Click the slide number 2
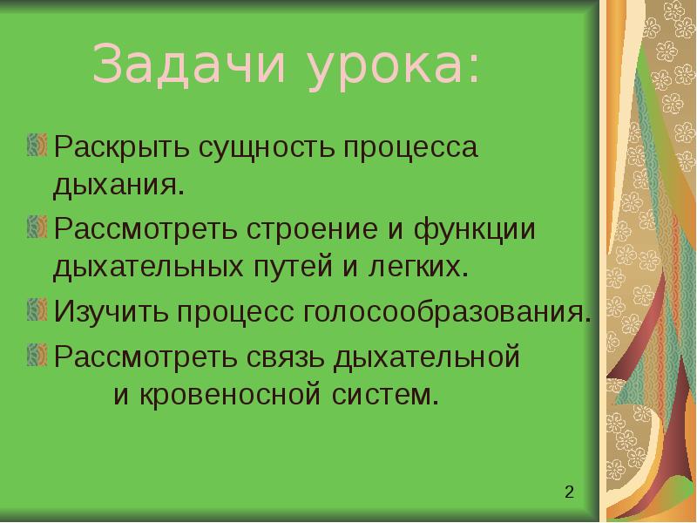tap(569, 492)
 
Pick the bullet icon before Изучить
tap(37, 309)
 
